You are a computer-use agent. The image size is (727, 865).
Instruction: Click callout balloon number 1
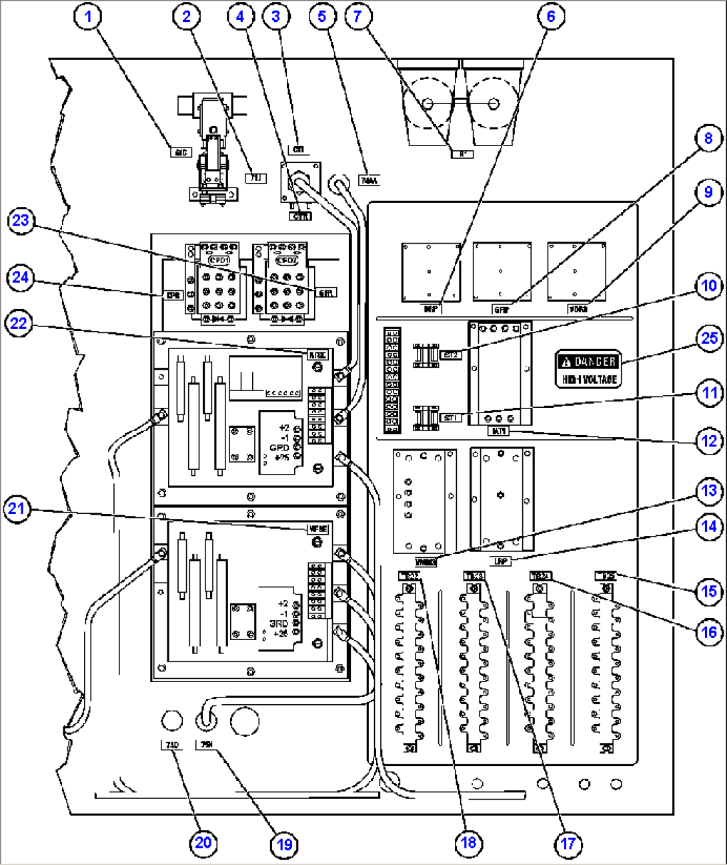point(87,15)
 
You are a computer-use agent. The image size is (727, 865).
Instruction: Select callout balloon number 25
point(710,338)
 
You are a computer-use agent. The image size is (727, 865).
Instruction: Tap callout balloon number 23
point(21,220)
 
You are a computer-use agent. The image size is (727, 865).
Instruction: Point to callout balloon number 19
point(284,844)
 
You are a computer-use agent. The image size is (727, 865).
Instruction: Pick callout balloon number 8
point(708,138)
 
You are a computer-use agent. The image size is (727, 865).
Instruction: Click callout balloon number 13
point(708,491)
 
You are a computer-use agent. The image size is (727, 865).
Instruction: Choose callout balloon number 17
point(568,844)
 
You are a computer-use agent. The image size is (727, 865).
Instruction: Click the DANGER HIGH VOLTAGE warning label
point(588,369)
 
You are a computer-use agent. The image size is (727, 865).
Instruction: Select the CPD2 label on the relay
point(287,259)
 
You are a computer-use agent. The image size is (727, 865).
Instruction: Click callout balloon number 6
point(551,15)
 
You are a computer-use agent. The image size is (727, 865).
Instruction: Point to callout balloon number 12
point(709,441)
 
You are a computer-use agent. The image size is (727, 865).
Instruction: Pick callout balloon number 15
point(709,591)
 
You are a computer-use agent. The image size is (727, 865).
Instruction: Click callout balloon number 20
point(203,842)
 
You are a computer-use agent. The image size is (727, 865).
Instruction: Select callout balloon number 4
point(241,15)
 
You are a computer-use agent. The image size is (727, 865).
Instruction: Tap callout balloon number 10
point(709,286)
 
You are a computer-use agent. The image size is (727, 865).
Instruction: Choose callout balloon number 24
point(21,276)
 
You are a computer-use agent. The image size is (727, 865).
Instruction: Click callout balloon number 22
point(19,324)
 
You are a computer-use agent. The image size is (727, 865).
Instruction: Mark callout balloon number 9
point(708,192)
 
